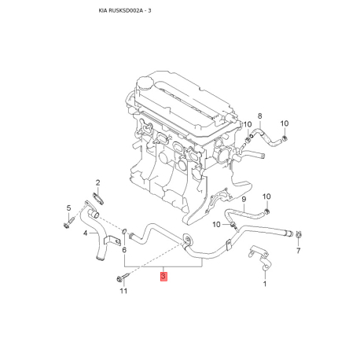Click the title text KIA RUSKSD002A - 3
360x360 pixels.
[x=125, y=11]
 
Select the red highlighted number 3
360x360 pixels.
[x=163, y=276]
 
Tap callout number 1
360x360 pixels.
[x=265, y=284]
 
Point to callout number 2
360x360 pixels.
[x=97, y=182]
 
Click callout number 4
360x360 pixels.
[x=85, y=233]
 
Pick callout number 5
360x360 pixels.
[x=68, y=208]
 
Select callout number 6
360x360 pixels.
[x=124, y=250]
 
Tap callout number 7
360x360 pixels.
[x=298, y=251]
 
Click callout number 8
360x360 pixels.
[x=259, y=116]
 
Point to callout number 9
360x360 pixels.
[x=244, y=199]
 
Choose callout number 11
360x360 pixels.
[x=123, y=291]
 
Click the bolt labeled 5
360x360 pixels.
[x=68, y=222]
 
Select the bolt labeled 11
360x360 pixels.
[x=123, y=277]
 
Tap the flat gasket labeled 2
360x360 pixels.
[x=98, y=199]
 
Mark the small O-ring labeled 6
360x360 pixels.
[x=125, y=232]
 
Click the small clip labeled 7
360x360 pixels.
[x=298, y=234]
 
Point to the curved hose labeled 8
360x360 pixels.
[x=266, y=137]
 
